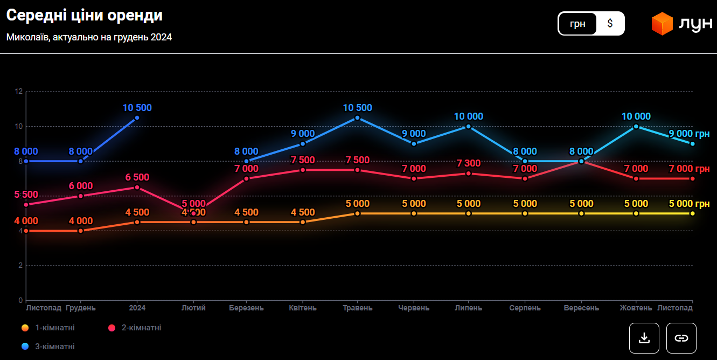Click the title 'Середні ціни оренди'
point(85,16)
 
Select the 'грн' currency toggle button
point(577,24)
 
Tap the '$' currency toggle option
point(610,24)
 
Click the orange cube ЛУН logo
point(662,24)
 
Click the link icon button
point(681,338)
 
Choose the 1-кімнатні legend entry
point(48,328)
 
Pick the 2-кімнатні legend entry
point(135,328)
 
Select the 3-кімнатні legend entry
point(48,347)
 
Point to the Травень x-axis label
point(358,308)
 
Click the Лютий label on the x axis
point(193,308)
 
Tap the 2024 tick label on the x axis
point(137,308)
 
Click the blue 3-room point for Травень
point(358,117)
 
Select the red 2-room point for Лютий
point(193,213)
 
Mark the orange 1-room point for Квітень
point(303,222)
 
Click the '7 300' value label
point(469,163)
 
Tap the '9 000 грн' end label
point(689,134)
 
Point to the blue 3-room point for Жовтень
point(636,127)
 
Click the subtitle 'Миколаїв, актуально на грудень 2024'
point(89,38)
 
